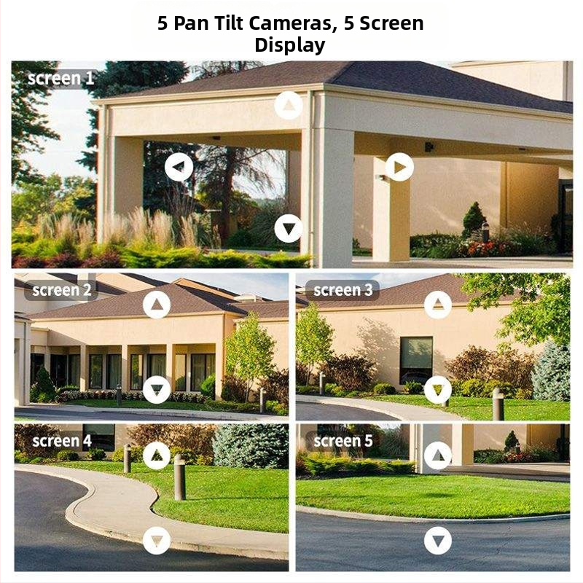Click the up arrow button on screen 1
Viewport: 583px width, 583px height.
click(x=289, y=105)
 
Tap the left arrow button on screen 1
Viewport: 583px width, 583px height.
click(x=179, y=167)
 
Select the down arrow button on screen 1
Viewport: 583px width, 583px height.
click(x=289, y=228)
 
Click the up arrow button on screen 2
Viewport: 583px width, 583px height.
click(x=157, y=305)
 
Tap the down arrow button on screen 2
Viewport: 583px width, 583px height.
click(x=157, y=390)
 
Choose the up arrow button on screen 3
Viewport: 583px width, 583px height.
click(x=438, y=305)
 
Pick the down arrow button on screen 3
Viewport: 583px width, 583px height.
click(x=438, y=390)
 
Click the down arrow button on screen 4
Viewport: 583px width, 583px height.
click(x=157, y=540)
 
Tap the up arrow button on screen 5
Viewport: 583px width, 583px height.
click(x=438, y=455)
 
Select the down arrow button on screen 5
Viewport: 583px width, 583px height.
click(x=438, y=540)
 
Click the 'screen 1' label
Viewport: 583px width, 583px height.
click(x=61, y=79)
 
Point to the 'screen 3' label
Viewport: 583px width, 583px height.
click(x=343, y=290)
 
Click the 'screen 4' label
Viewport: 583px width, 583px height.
click(x=62, y=441)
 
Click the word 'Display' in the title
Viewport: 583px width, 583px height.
click(x=289, y=45)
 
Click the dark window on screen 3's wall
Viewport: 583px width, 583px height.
click(x=416, y=360)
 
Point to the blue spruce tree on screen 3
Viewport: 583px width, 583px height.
click(x=551, y=372)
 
